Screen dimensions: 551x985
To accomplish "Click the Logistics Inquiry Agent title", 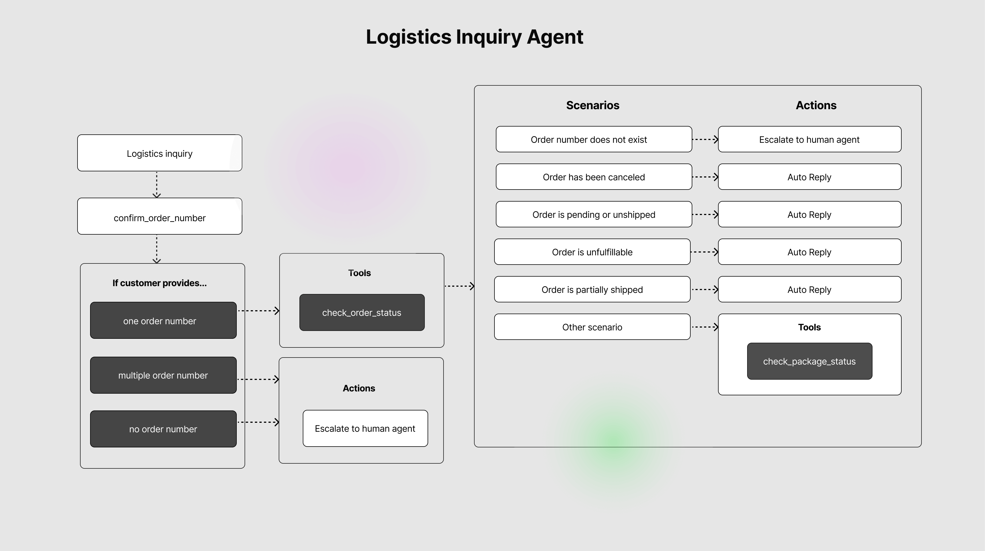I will click(x=474, y=37).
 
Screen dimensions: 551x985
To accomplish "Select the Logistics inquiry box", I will click(x=160, y=153).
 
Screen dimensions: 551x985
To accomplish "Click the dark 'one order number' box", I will click(x=163, y=321).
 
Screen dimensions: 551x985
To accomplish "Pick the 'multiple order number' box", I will click(x=163, y=375).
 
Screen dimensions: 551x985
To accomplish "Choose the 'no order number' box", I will click(x=163, y=429).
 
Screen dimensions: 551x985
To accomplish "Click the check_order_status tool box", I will click(x=362, y=313).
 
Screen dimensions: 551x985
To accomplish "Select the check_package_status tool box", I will click(x=810, y=361).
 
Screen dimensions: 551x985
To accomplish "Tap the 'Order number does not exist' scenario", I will click(x=594, y=139).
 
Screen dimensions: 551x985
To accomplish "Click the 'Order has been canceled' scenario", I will click(x=594, y=177).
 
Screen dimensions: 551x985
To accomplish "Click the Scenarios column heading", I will click(x=593, y=105).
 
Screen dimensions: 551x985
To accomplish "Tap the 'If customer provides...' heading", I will click(x=160, y=283).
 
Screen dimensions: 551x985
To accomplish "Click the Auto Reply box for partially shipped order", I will click(x=810, y=289).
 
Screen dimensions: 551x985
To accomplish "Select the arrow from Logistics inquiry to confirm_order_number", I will click(x=157, y=185).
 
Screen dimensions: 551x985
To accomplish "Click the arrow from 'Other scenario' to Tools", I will click(x=704, y=327).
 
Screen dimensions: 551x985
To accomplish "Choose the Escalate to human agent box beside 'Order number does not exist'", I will click(x=810, y=139).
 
